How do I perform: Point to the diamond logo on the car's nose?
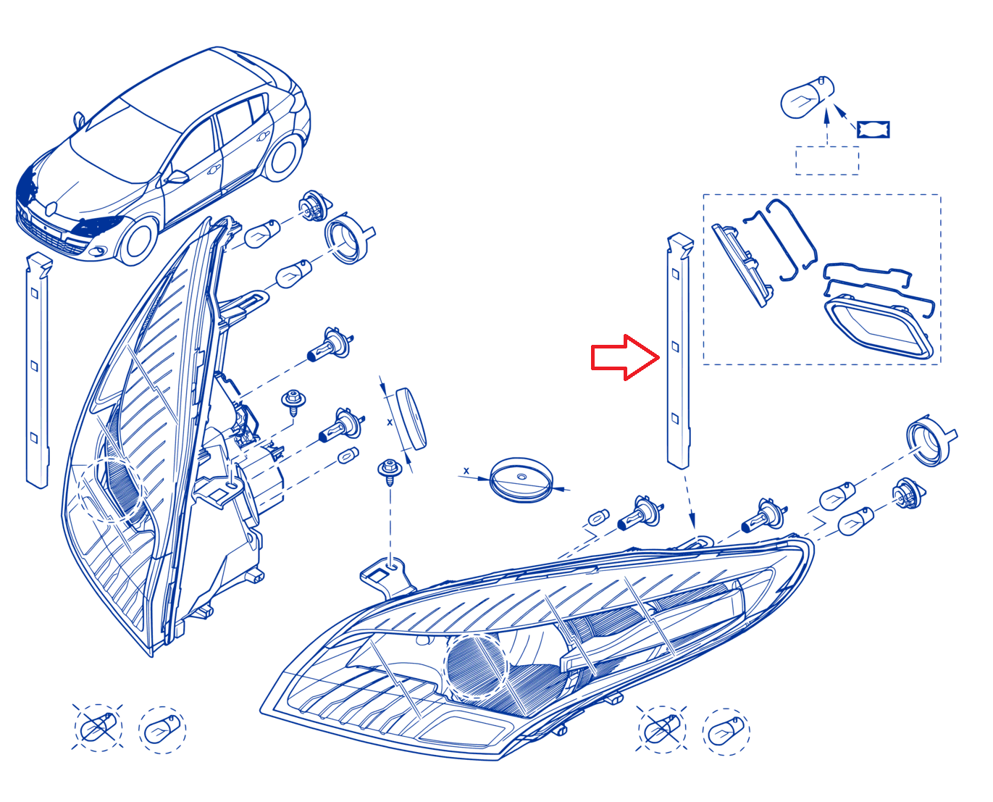pos(51,209)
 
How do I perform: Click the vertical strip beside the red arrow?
pos(679,351)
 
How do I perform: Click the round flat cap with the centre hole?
pos(521,480)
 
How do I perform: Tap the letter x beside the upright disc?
pos(390,422)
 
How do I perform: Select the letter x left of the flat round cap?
pos(466,471)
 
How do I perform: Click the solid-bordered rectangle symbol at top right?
pos(873,130)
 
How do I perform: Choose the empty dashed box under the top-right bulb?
pos(827,161)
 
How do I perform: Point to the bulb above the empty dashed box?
pos(807,97)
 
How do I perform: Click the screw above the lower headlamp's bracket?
pos(390,472)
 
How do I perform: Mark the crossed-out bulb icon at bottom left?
pos(98,728)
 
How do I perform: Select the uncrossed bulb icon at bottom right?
pos(726,732)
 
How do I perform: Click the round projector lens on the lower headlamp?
pos(477,667)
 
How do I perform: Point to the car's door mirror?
pos(178,177)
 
